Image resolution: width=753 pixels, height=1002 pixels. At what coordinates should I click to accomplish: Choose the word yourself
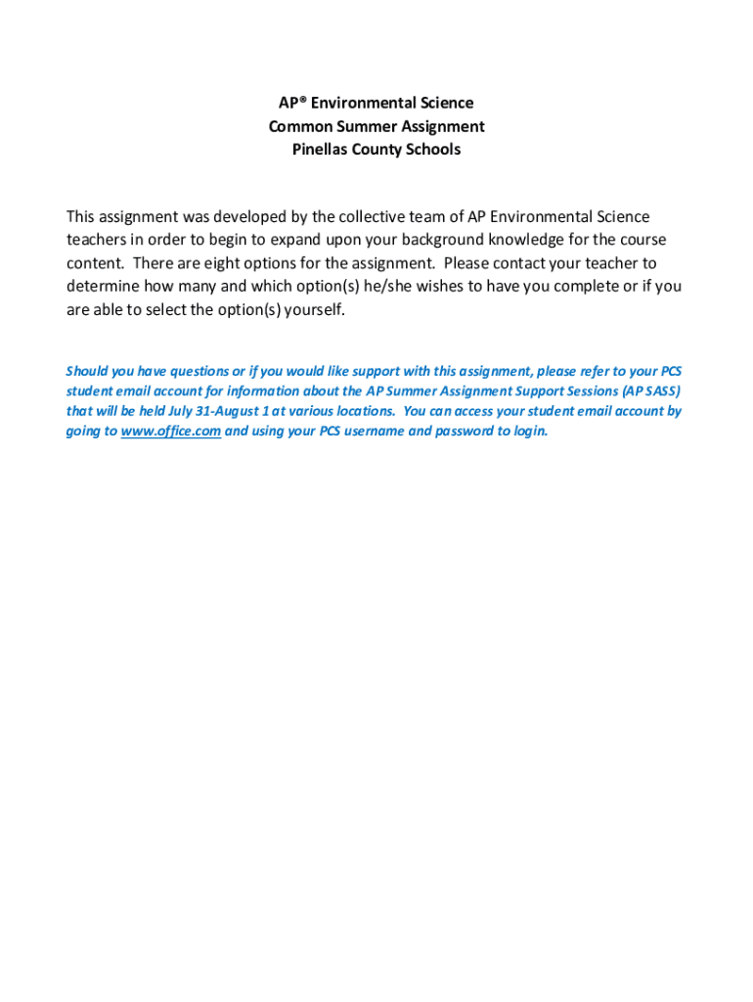[315, 310]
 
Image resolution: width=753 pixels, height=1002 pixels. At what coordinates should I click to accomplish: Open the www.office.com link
[170, 432]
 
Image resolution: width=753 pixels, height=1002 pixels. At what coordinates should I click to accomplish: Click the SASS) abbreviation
[659, 390]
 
